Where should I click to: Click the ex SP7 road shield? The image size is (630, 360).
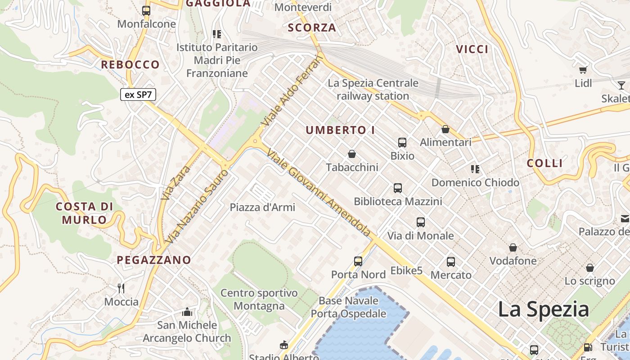click(138, 95)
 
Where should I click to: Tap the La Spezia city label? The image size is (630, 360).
click(543, 309)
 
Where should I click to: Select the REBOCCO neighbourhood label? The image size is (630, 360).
click(130, 65)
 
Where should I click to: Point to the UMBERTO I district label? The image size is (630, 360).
click(340, 130)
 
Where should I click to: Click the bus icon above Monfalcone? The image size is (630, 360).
click(146, 10)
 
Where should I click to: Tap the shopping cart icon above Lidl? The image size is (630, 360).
click(583, 70)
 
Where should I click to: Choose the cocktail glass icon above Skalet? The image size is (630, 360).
click(621, 85)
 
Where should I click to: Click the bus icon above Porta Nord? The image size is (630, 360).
click(358, 261)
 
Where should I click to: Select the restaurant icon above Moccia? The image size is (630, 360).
click(121, 288)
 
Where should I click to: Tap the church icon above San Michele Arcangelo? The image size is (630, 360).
click(187, 311)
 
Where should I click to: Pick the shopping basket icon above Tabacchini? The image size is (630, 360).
click(352, 154)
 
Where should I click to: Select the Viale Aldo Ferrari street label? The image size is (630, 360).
click(292, 92)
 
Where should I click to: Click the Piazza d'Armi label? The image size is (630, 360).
click(262, 207)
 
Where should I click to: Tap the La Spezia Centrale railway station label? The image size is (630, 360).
click(373, 90)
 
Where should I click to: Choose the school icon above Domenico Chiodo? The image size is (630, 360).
click(475, 169)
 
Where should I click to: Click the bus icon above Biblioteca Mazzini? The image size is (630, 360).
click(398, 188)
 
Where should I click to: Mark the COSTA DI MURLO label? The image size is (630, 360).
click(85, 213)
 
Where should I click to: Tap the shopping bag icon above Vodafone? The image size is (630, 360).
click(513, 247)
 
